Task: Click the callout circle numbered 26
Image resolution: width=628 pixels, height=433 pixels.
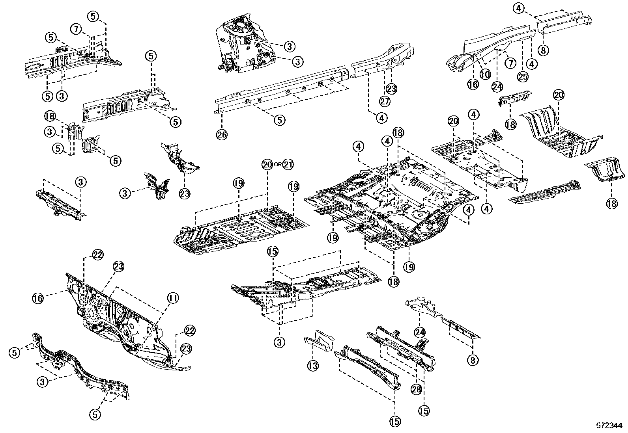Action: tap(222, 135)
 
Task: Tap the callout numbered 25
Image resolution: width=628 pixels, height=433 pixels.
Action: tap(523, 77)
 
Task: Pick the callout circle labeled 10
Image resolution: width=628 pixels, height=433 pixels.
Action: tap(485, 74)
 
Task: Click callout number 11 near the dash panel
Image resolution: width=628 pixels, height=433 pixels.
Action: tap(172, 298)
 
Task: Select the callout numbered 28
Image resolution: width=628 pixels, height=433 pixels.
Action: tap(417, 389)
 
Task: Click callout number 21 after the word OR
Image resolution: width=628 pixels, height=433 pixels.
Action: tap(288, 164)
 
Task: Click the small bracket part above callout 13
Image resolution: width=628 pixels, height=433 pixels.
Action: tap(320, 341)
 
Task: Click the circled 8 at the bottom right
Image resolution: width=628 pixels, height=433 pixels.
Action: tap(473, 359)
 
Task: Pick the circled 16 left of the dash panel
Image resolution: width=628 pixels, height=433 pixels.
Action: tap(38, 298)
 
